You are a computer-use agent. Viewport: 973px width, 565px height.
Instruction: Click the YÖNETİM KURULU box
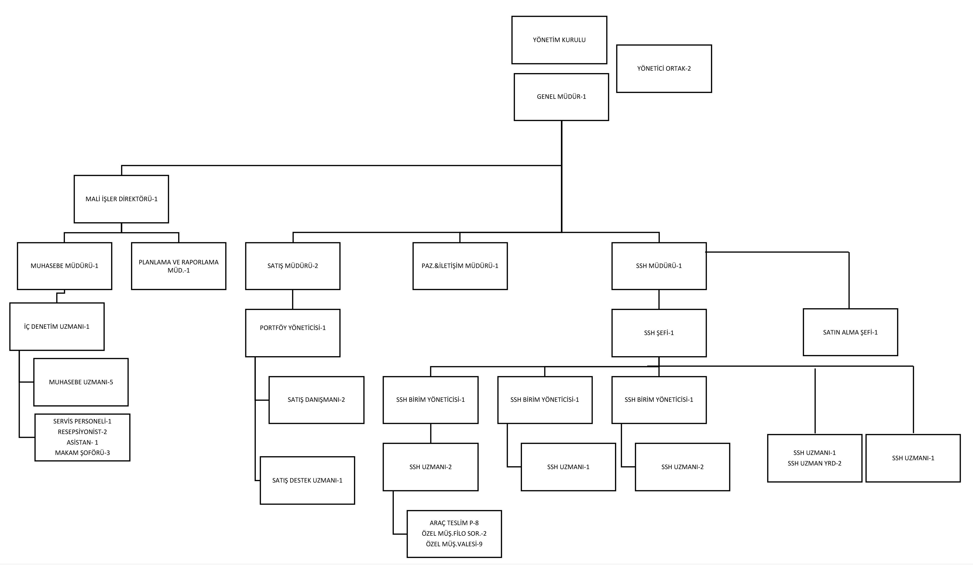[x=559, y=40]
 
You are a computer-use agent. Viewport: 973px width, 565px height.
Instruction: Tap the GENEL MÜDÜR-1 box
[x=561, y=97]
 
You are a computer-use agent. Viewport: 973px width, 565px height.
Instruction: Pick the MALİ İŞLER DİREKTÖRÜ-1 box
[x=121, y=199]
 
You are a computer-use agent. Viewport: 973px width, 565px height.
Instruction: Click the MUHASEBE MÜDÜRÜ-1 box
[x=64, y=266]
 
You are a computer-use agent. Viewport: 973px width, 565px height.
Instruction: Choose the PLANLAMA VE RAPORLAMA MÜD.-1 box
[x=178, y=266]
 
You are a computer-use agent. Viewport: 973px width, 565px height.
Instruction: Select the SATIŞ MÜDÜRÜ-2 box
[x=293, y=266]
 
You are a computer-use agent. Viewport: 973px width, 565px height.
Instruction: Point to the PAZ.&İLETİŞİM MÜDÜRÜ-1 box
[x=460, y=266]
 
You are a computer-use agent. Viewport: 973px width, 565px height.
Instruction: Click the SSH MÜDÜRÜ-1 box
[x=659, y=266]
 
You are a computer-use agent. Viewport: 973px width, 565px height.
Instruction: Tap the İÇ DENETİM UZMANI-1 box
[x=57, y=327]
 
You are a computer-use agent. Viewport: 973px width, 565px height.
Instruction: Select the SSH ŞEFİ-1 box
[x=659, y=333]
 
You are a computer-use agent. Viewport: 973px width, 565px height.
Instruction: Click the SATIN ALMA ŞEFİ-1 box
[x=850, y=332]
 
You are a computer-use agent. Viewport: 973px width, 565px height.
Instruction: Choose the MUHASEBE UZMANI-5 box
[x=81, y=382]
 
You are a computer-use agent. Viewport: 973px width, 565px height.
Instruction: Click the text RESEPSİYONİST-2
[x=82, y=432]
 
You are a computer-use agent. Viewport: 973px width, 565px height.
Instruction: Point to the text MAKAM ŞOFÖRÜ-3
[x=82, y=453]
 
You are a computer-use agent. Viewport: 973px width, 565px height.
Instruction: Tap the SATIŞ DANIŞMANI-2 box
[x=316, y=400]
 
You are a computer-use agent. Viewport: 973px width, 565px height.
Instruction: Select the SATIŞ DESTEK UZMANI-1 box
[x=307, y=480]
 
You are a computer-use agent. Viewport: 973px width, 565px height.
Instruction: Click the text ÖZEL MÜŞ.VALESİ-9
[x=454, y=544]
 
